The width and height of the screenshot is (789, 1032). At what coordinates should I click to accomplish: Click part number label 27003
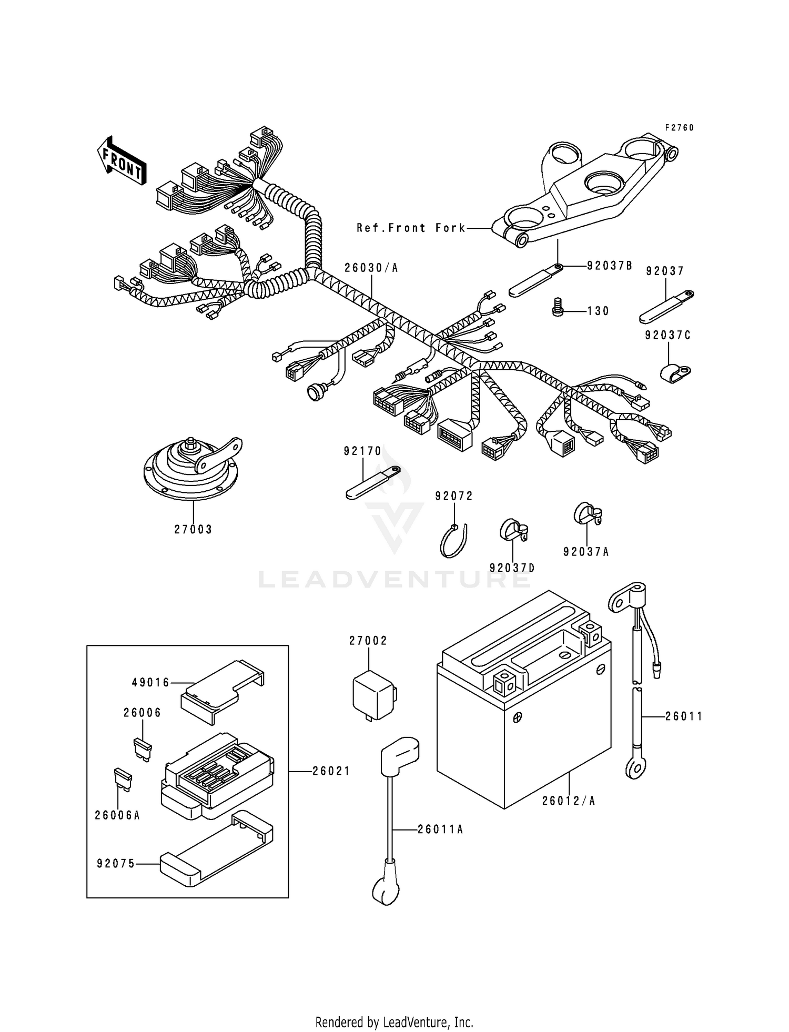pyautogui.click(x=193, y=530)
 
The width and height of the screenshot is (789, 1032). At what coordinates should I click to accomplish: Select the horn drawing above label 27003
pyautogui.click(x=192, y=468)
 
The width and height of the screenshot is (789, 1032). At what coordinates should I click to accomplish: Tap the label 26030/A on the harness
pyautogui.click(x=371, y=268)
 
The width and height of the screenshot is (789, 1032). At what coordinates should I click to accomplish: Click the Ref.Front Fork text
pyautogui.click(x=411, y=228)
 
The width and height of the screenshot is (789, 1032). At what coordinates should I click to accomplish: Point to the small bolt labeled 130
pyautogui.click(x=559, y=308)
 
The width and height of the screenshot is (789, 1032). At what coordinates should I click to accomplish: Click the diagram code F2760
pyautogui.click(x=679, y=128)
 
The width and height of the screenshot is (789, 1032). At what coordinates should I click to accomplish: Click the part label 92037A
pyautogui.click(x=585, y=552)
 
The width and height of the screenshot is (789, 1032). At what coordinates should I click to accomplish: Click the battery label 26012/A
pyautogui.click(x=569, y=801)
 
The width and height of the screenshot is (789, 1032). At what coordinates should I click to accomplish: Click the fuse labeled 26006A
pyautogui.click(x=123, y=781)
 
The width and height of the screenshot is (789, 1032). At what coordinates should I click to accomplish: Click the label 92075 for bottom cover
pyautogui.click(x=116, y=864)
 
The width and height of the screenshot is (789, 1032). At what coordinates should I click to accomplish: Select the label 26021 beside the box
pyautogui.click(x=331, y=771)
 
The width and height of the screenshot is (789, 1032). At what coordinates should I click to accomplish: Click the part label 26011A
pyautogui.click(x=440, y=829)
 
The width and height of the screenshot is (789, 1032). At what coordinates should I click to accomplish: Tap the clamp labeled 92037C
pyautogui.click(x=674, y=371)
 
